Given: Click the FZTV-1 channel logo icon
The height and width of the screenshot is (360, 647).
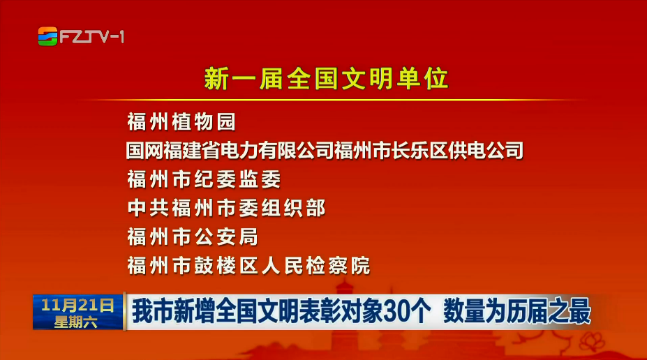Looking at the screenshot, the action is [x=48, y=36].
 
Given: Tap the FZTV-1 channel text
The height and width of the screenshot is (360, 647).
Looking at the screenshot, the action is [x=91, y=37].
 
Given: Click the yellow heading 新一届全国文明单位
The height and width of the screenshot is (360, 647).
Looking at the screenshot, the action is [x=326, y=78].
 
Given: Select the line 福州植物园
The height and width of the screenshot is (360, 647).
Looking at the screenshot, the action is [x=181, y=122].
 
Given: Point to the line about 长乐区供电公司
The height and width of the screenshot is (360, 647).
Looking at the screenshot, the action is [x=325, y=151].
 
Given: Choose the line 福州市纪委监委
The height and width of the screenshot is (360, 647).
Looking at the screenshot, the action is [x=204, y=179].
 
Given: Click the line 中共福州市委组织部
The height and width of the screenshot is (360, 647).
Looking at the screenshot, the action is [x=227, y=208].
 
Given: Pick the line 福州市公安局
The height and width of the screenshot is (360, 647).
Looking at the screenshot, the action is [x=193, y=237].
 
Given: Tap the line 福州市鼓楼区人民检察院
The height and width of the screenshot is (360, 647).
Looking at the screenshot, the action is [x=248, y=266].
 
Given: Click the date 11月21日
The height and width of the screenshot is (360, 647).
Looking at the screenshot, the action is [x=77, y=305].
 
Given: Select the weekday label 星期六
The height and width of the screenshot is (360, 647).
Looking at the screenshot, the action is [x=76, y=322].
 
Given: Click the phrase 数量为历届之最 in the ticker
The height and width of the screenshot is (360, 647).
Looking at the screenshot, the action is [x=517, y=312].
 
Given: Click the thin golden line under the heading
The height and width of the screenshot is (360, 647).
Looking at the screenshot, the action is [x=330, y=100].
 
